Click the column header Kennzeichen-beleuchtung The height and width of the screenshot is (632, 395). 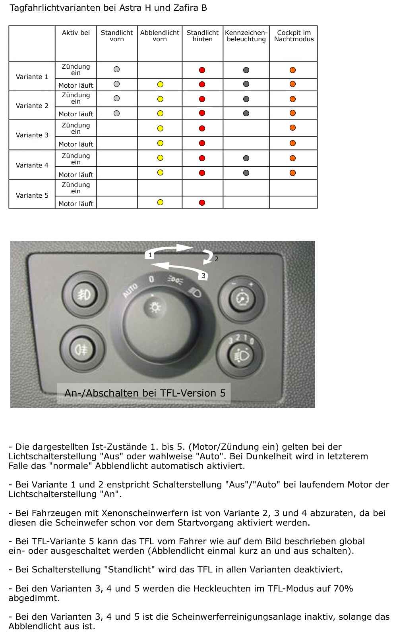[x=246, y=36]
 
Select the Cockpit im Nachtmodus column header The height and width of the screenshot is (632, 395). [x=294, y=36]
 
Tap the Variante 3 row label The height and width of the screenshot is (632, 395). [x=32, y=135]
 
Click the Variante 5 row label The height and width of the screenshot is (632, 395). [x=32, y=195]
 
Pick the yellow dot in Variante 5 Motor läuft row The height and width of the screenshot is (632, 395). [x=160, y=202]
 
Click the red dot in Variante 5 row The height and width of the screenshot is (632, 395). [x=202, y=202]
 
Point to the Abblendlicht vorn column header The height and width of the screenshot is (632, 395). [x=160, y=36]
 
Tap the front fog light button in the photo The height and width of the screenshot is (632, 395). [x=84, y=294]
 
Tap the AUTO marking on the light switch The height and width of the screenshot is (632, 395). [x=131, y=290]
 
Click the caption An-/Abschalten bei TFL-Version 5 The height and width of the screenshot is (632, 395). [x=145, y=393]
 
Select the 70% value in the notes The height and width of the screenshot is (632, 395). [x=343, y=588]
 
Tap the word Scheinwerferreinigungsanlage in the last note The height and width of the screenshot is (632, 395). [x=238, y=617]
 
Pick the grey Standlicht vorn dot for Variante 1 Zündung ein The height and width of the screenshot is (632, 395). [x=116, y=69]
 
